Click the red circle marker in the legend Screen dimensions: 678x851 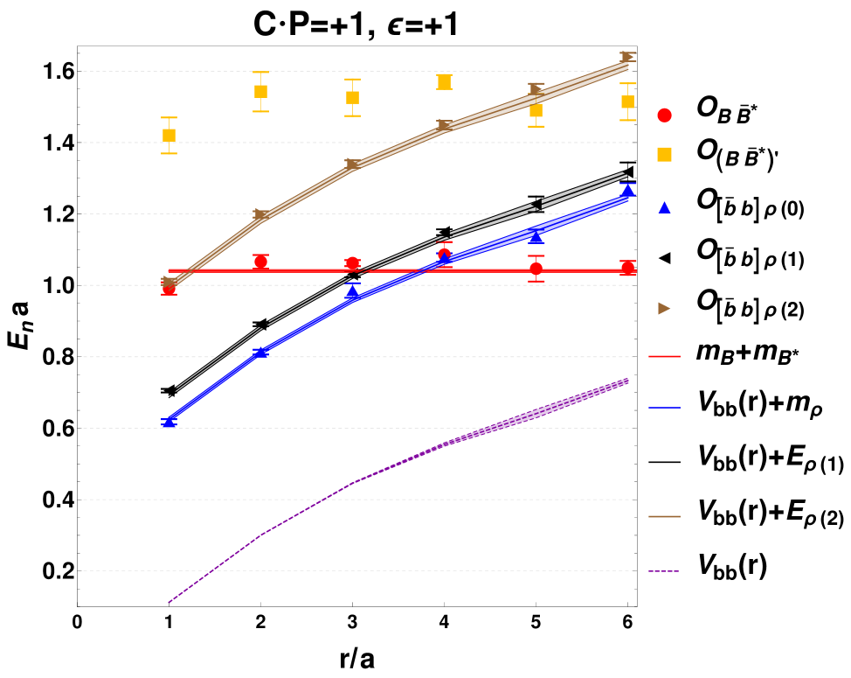pyautogui.click(x=664, y=115)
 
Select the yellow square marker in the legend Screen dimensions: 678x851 pyautogui.click(x=664, y=154)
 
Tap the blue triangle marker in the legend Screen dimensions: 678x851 pyautogui.click(x=664, y=208)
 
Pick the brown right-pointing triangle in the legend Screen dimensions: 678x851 pyautogui.click(x=664, y=308)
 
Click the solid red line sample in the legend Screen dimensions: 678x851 pyautogui.click(x=664, y=356)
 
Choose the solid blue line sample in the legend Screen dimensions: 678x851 pyautogui.click(x=664, y=408)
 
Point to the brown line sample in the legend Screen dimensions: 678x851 pyautogui.click(x=664, y=516)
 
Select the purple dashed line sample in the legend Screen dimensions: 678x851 pyautogui.click(x=664, y=571)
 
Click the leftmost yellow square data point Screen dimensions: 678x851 pyautogui.click(x=169, y=135)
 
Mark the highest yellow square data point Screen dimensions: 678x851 pyautogui.click(x=444, y=81)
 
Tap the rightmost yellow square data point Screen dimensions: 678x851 pyautogui.click(x=627, y=101)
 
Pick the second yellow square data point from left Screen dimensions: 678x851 pyautogui.click(x=260, y=91)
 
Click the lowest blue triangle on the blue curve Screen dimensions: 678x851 pyautogui.click(x=169, y=422)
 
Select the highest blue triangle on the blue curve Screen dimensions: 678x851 pyautogui.click(x=627, y=190)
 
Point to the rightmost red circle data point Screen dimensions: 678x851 pyautogui.click(x=627, y=268)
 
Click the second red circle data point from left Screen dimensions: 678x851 pyautogui.click(x=260, y=261)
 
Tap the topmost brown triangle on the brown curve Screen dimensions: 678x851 pyautogui.click(x=627, y=57)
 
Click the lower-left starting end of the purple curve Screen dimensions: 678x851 pyautogui.click(x=170, y=602)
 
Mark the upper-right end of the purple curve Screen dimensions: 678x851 pyautogui.click(x=627, y=381)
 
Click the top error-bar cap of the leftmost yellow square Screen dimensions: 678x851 pyautogui.click(x=169, y=117)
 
